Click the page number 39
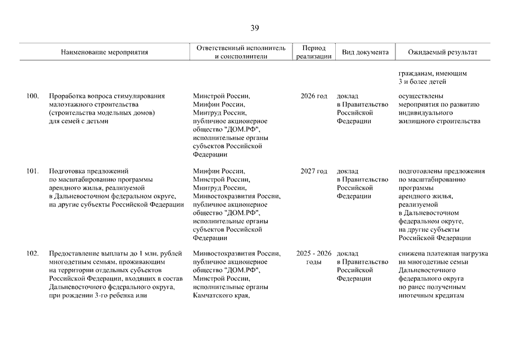[254, 29]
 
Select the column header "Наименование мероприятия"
[105, 52]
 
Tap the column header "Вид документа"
[365, 52]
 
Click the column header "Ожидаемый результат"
[443, 52]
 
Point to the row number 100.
[33, 96]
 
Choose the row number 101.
[33, 171]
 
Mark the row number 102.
[33, 254]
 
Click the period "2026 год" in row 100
[313, 96]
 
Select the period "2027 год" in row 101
[313, 171]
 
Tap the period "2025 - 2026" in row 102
[313, 254]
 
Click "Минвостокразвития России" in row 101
[236, 196]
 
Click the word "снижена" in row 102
[412, 254]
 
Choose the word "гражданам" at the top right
[416, 74]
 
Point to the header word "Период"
[313, 48]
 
